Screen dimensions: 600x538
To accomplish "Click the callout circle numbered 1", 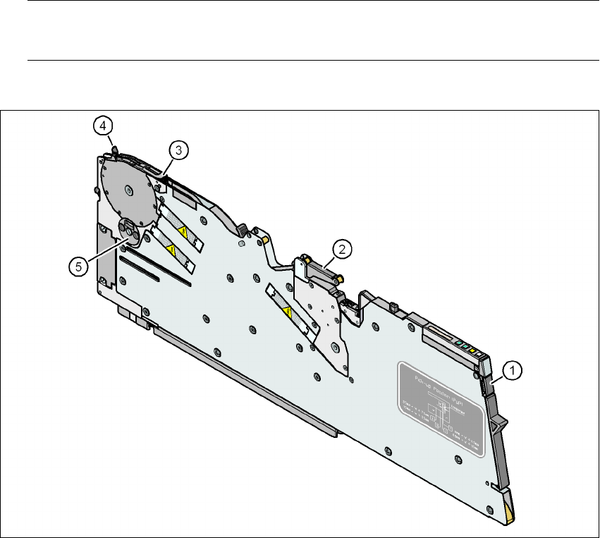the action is pos(513,369).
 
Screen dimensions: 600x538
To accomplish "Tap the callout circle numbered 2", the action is pos(341,248).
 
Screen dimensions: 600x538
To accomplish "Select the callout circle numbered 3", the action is pos(178,149).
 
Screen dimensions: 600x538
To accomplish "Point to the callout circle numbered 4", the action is pos(102,126).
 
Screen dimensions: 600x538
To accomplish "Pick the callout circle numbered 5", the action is pos(79,266).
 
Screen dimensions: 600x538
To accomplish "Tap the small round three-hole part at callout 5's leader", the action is pos(129,229).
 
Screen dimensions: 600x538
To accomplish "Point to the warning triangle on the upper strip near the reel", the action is pos(183,231).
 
